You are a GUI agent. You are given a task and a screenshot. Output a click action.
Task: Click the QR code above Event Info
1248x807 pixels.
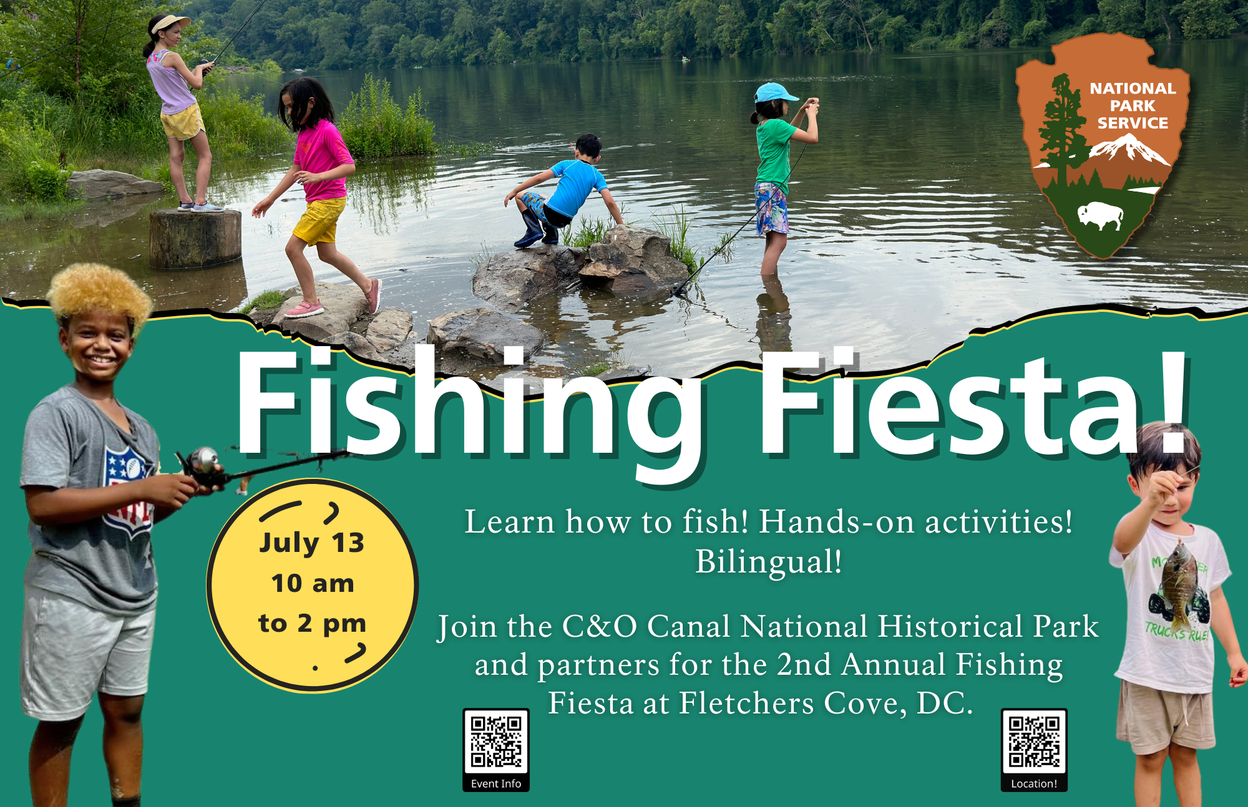[x=496, y=741]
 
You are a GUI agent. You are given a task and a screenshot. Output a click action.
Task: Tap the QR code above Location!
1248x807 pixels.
[x=1034, y=741]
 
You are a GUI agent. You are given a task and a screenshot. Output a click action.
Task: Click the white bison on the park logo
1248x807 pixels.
[x=1100, y=215]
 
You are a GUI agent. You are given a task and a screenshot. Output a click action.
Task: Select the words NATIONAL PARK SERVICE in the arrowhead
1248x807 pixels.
[x=1133, y=106]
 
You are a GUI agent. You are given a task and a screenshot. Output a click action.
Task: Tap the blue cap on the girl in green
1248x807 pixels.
[x=775, y=93]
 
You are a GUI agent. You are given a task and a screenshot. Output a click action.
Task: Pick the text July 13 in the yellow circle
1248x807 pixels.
[x=311, y=543]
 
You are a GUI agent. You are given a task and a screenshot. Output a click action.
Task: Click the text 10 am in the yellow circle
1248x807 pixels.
[x=313, y=584]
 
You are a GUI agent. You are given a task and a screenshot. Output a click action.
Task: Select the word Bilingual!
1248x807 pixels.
[x=769, y=562]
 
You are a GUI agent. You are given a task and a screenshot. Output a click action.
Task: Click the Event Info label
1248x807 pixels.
[x=496, y=784]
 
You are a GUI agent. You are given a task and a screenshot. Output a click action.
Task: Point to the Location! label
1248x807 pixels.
[x=1034, y=784]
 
